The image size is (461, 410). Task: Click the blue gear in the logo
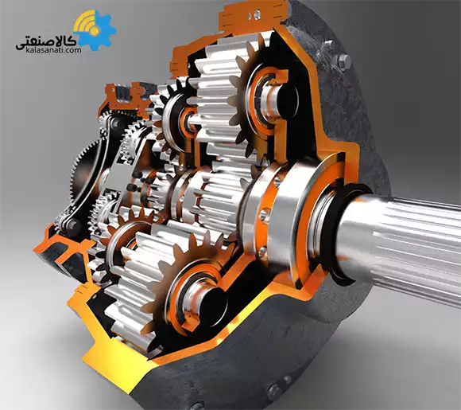[100, 32]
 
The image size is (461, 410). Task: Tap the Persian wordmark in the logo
[44, 37]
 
